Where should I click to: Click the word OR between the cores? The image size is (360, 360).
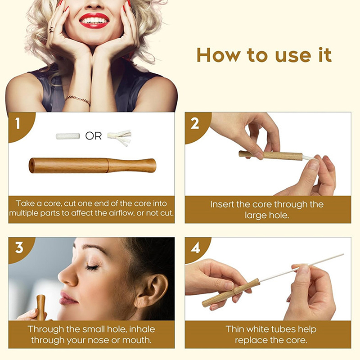click(x=94, y=136)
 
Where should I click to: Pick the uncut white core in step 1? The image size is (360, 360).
click(x=68, y=136)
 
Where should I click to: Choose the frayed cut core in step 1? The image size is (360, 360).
click(x=120, y=138)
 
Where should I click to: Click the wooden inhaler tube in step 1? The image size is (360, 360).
click(x=92, y=165)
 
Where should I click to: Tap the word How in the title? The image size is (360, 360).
click(x=218, y=55)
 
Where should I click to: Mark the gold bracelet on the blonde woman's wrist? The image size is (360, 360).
click(x=78, y=100)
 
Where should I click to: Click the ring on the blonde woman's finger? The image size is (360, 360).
click(x=52, y=30)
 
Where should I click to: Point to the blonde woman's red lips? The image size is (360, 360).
click(x=94, y=21)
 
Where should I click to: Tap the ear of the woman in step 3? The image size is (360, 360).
click(x=152, y=290)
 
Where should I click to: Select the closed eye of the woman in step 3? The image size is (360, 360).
click(x=93, y=267)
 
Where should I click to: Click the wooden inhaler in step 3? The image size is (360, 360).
click(x=41, y=308)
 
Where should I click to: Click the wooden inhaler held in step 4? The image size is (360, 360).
click(x=231, y=293)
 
